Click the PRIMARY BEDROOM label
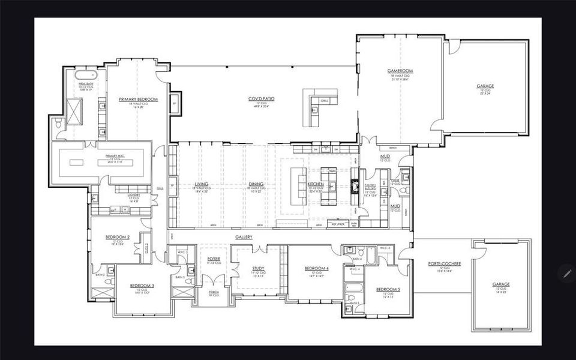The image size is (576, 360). tap(138, 99)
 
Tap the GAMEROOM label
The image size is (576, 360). tap(400, 71)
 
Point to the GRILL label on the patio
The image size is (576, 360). tap(324, 100)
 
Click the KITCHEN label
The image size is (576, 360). tap(316, 184)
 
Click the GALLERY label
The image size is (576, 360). tap(243, 237)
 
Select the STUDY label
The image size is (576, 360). tap(258, 268)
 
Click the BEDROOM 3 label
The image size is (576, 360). tap(142, 285)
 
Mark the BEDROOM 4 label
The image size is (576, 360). tap(316, 268)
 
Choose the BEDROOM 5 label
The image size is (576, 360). tap(388, 289)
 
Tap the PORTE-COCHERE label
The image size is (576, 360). tap(440, 263)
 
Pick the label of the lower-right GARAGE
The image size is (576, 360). tap(501, 284)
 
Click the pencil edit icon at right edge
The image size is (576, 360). tap(566, 273)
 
